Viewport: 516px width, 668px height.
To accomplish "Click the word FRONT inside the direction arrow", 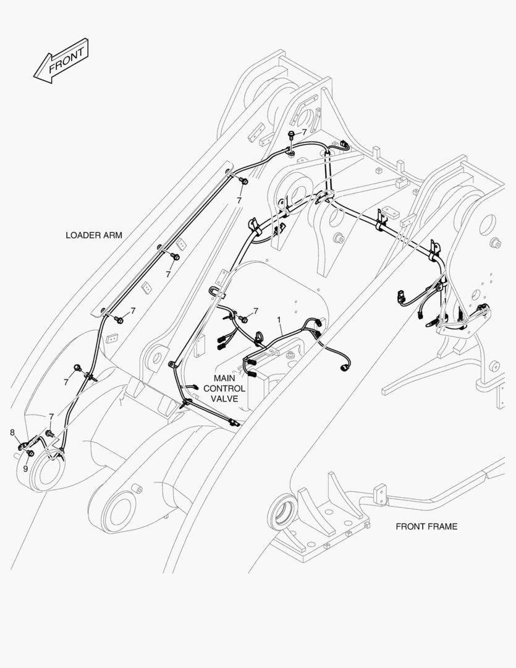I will [x=66, y=59].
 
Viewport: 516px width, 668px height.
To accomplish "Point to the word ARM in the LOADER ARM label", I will [x=114, y=235].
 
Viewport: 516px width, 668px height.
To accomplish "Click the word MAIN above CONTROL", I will [x=224, y=378].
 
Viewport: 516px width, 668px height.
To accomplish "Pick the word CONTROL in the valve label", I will [x=224, y=388].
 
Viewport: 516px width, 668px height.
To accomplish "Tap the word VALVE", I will [x=224, y=399].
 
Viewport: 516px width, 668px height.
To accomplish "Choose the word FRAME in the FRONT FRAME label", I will [x=442, y=526].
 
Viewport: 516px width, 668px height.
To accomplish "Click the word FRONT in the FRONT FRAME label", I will [x=410, y=526].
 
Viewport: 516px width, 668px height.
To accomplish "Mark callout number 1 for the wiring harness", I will [x=279, y=320].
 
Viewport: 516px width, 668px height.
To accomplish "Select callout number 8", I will [x=12, y=432].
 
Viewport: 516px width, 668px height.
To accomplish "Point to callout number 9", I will [x=25, y=468].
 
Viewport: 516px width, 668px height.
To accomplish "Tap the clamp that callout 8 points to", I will [x=22, y=445].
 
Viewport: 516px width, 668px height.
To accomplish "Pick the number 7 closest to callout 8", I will [x=51, y=416].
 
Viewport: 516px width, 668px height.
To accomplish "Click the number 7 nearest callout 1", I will [x=255, y=310].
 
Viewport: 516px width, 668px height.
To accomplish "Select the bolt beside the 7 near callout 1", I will [x=243, y=319].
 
